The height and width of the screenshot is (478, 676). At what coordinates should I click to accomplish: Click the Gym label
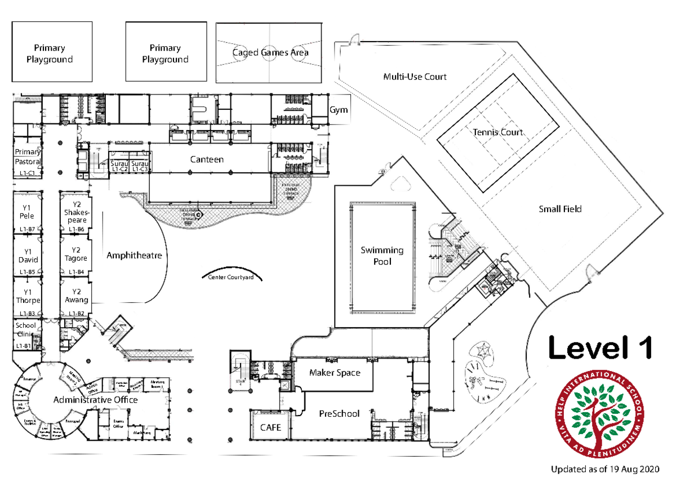pos(339,110)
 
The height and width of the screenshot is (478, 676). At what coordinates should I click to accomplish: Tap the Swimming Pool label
pos(383,256)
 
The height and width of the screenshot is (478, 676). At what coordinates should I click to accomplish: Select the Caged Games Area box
pos(270,52)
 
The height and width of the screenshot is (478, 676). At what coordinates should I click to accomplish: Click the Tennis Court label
pos(498,132)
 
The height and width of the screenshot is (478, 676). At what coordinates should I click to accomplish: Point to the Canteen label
pos(207,159)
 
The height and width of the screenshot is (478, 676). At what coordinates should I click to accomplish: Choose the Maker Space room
pos(335,373)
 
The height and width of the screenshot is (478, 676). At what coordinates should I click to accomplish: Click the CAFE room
pos(270,427)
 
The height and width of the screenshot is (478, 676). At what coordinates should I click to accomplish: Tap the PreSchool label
pos(339,413)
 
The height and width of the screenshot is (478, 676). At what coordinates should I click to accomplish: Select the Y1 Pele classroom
pos(27,212)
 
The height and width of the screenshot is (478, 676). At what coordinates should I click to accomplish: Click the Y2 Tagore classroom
pos(76,254)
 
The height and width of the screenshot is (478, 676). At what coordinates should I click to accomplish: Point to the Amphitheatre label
pos(134,256)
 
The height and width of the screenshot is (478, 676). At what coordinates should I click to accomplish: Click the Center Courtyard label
pos(230,277)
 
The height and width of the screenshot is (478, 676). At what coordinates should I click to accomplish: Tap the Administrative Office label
pos(96,400)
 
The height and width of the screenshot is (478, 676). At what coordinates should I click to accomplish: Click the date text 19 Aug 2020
pos(630,468)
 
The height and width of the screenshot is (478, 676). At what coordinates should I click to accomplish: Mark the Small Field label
pos(560,209)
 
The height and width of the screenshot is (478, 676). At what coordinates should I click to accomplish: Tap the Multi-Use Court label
pos(415,77)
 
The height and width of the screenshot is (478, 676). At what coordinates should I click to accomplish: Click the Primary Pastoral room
pos(27,157)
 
